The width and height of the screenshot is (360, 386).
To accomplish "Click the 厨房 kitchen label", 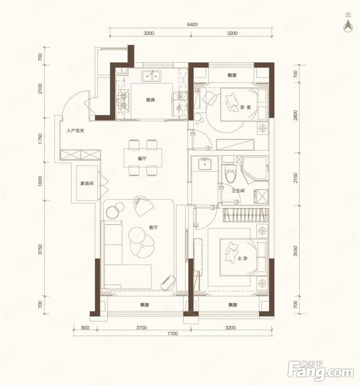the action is pyautogui.click(x=150, y=100).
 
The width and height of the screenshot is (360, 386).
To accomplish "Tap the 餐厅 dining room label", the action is pyautogui.click(x=142, y=159).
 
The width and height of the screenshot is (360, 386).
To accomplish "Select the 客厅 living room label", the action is pyautogui.click(x=153, y=227).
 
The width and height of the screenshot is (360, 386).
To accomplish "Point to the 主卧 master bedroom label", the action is pyautogui.click(x=243, y=259).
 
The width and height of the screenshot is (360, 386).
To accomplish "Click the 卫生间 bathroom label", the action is pyautogui.click(x=238, y=191).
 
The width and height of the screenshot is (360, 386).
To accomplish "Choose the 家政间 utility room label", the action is pyautogui.click(x=87, y=183).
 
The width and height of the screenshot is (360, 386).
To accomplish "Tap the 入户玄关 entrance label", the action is pyautogui.click(x=75, y=131).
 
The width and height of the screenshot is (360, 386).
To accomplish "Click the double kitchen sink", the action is pyautogui.click(x=151, y=76).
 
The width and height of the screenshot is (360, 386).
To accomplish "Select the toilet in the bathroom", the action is pyautogui.click(x=231, y=174).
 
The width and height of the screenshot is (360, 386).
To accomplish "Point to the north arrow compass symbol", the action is pyautogui.click(x=348, y=26).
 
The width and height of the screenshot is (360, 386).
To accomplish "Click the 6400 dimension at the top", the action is pyautogui.click(x=192, y=24).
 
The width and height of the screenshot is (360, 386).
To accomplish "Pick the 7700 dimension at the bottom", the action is pyautogui.click(x=172, y=334).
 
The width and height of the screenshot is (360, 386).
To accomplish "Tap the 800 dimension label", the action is pyautogui.click(x=85, y=328).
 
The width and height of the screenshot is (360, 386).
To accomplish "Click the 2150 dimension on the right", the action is pyautogui.click(x=295, y=178).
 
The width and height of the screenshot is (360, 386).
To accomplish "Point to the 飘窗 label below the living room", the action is pyautogui.click(x=144, y=305).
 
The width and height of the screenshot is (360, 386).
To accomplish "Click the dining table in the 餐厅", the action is pyautogui.click(x=143, y=157).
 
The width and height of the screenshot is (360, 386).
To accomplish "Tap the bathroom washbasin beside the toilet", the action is pyautogui.click(x=205, y=164).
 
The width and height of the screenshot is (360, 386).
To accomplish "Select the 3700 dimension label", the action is pyautogui.click(x=141, y=328).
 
